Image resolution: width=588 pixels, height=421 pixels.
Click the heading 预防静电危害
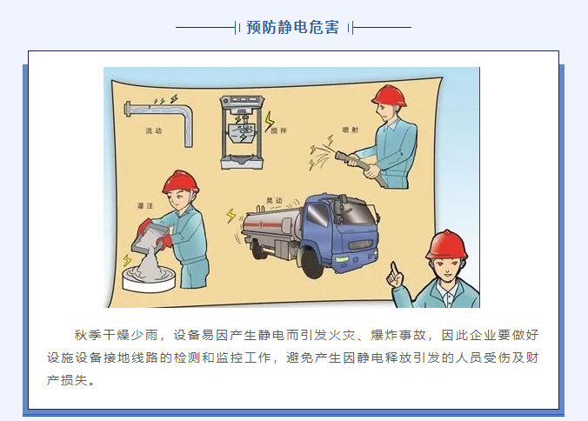click(292, 27)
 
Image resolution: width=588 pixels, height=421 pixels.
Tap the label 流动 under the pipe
click(153, 130)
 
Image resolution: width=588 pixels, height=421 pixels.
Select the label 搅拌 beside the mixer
click(278, 130)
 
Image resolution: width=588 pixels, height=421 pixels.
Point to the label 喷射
click(351, 130)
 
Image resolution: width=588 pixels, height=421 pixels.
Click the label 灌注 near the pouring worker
click(145, 205)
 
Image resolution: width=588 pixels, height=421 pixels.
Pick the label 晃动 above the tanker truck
click(274, 201)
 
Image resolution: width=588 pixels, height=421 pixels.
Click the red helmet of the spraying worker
click(390, 95)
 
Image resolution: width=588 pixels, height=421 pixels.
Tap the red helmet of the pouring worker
click(181, 182)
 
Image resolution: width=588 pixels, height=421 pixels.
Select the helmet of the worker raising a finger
click(446, 244)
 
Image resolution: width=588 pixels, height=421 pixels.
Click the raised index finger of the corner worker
click(394, 268)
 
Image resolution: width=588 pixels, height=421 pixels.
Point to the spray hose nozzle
click(342, 156)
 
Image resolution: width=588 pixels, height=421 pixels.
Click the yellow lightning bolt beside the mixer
click(269, 122)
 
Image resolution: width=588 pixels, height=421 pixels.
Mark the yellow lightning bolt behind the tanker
click(231, 217)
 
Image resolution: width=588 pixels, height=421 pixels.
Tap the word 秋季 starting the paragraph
click(88, 335)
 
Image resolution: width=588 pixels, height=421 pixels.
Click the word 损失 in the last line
click(74, 380)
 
